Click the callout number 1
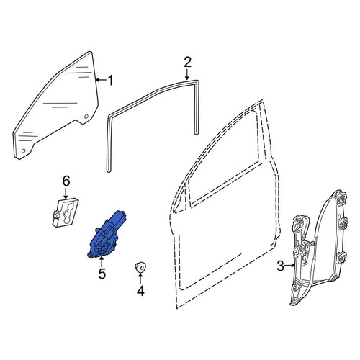click(110, 81)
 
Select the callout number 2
click(187, 62)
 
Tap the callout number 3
click(281, 266)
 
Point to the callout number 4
click(140, 291)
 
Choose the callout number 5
click(102, 274)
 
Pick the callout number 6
click(66, 181)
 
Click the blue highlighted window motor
click(107, 235)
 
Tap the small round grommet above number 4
click(140, 267)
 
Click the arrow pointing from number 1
click(101, 80)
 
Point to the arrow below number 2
click(187, 74)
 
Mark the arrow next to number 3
click(290, 266)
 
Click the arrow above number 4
click(140, 279)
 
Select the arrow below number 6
click(66, 194)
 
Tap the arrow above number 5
click(102, 261)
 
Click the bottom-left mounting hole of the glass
click(24, 150)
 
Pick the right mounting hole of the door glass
click(86, 117)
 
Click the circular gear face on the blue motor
click(102, 248)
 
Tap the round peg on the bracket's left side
click(57, 215)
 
